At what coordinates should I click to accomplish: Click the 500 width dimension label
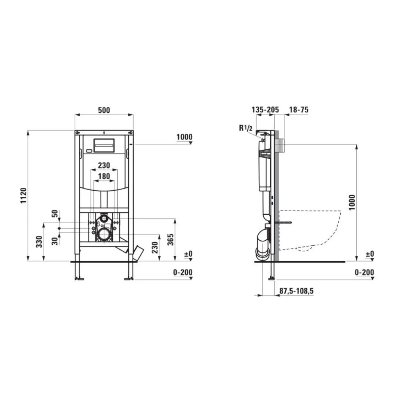[x=104, y=110]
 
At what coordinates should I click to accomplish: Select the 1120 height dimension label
[x=24, y=195]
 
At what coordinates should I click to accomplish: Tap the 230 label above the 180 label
[x=104, y=165]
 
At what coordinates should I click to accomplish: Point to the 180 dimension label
[x=104, y=176]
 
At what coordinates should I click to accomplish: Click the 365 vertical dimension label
[x=170, y=239]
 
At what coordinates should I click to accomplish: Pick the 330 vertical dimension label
[x=39, y=241]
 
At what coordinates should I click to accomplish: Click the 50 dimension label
[x=55, y=214]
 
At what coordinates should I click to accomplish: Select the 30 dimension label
[x=55, y=241]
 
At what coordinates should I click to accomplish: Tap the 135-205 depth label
[x=265, y=109]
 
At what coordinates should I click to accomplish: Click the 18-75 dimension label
[x=298, y=109]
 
